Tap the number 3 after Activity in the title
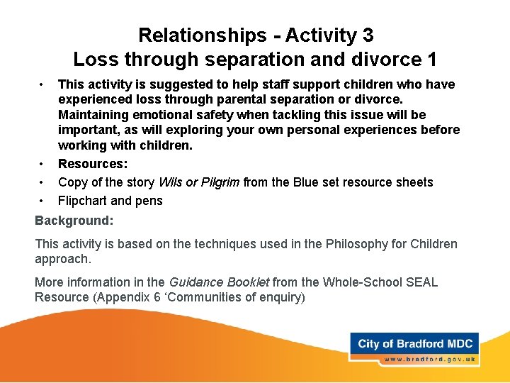click(x=366, y=35)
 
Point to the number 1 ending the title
click(x=431, y=59)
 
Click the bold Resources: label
click(x=92, y=164)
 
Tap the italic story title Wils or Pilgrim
click(x=200, y=182)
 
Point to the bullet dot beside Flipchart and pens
click(x=42, y=200)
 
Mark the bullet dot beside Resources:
click(x=42, y=163)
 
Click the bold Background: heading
click(x=74, y=221)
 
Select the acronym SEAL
click(x=422, y=282)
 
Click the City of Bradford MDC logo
click(x=414, y=344)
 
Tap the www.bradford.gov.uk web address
click(x=430, y=360)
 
